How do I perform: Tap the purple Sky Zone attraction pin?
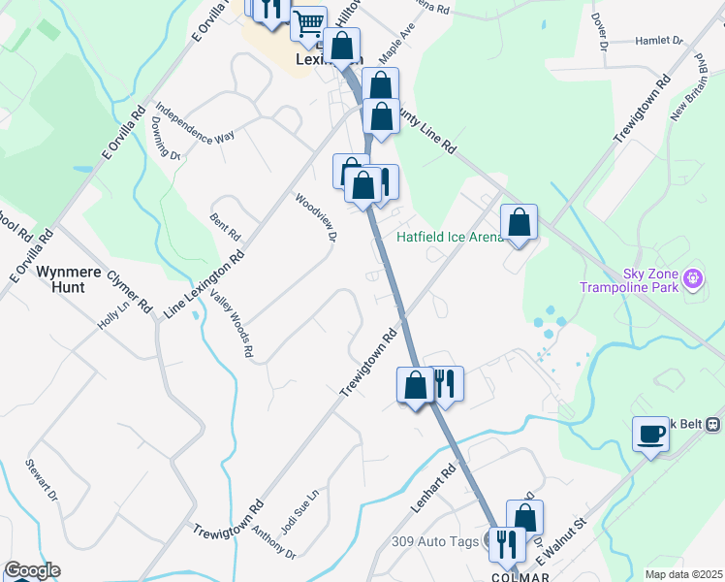pyautogui.click(x=693, y=280)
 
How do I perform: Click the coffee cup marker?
pyautogui.click(x=650, y=434)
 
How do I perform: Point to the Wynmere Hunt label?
pyautogui.click(x=73, y=279)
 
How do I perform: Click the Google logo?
pyautogui.click(x=32, y=570)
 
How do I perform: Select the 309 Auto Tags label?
pyautogui.click(x=435, y=541)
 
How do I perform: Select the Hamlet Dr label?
pyautogui.click(x=660, y=42)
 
